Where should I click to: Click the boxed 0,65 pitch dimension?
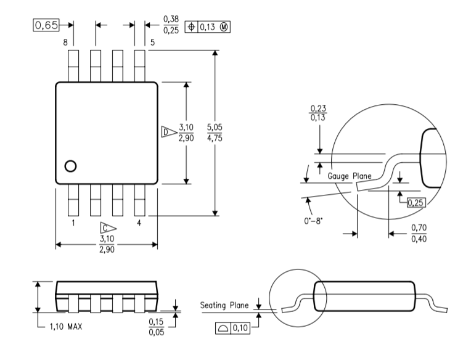(x=46, y=25)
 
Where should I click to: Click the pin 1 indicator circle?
(x=71, y=166)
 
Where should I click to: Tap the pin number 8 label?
(x=65, y=43)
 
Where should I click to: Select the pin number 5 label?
(x=152, y=43)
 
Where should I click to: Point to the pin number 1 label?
(x=73, y=223)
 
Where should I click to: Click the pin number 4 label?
(x=139, y=223)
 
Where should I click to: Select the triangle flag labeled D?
(x=169, y=132)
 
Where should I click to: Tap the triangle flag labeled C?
(x=108, y=228)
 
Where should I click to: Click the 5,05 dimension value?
(x=215, y=127)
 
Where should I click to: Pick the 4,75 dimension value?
(x=215, y=138)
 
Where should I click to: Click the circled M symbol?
(x=224, y=27)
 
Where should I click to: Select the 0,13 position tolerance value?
(x=208, y=27)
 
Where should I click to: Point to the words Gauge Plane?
(x=350, y=176)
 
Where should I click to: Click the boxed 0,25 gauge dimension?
(x=416, y=203)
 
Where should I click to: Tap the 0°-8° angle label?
(x=313, y=221)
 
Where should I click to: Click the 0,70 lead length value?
(x=419, y=228)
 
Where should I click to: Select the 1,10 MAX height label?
(x=66, y=326)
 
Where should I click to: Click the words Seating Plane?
(x=224, y=305)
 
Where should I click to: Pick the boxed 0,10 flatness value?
(x=240, y=328)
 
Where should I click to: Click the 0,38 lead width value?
(x=171, y=19)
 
